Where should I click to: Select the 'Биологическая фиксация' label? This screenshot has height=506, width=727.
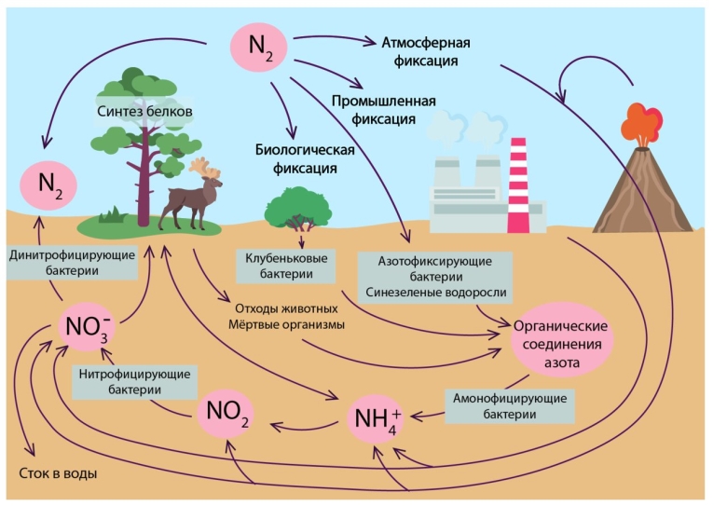click(x=295, y=159)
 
